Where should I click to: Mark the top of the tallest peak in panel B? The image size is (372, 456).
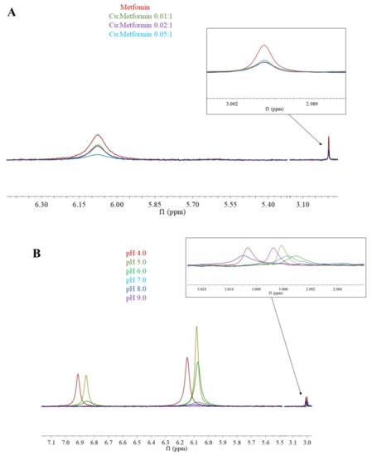coord(196,327)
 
